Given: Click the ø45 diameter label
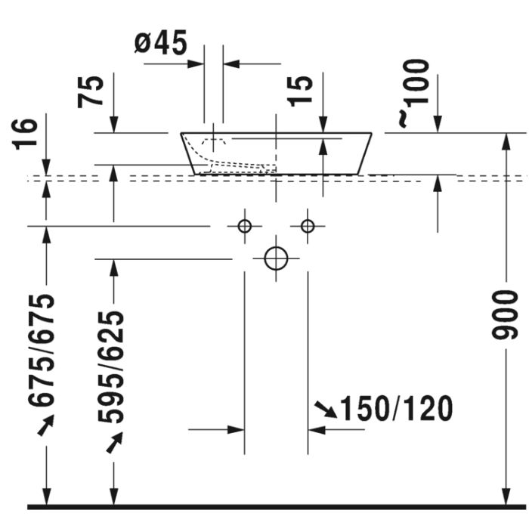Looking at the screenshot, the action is (160, 43).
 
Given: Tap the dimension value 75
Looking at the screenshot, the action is (90, 91).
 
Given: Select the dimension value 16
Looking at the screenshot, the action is (25, 134).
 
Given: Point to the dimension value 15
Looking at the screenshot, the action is (299, 91).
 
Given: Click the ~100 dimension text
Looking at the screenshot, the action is (413, 94).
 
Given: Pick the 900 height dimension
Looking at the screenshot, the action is (504, 314).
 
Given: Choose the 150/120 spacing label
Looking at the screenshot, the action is (397, 409).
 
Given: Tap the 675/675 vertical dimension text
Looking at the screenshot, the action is (41, 351).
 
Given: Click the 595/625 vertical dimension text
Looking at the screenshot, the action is (110, 367).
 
